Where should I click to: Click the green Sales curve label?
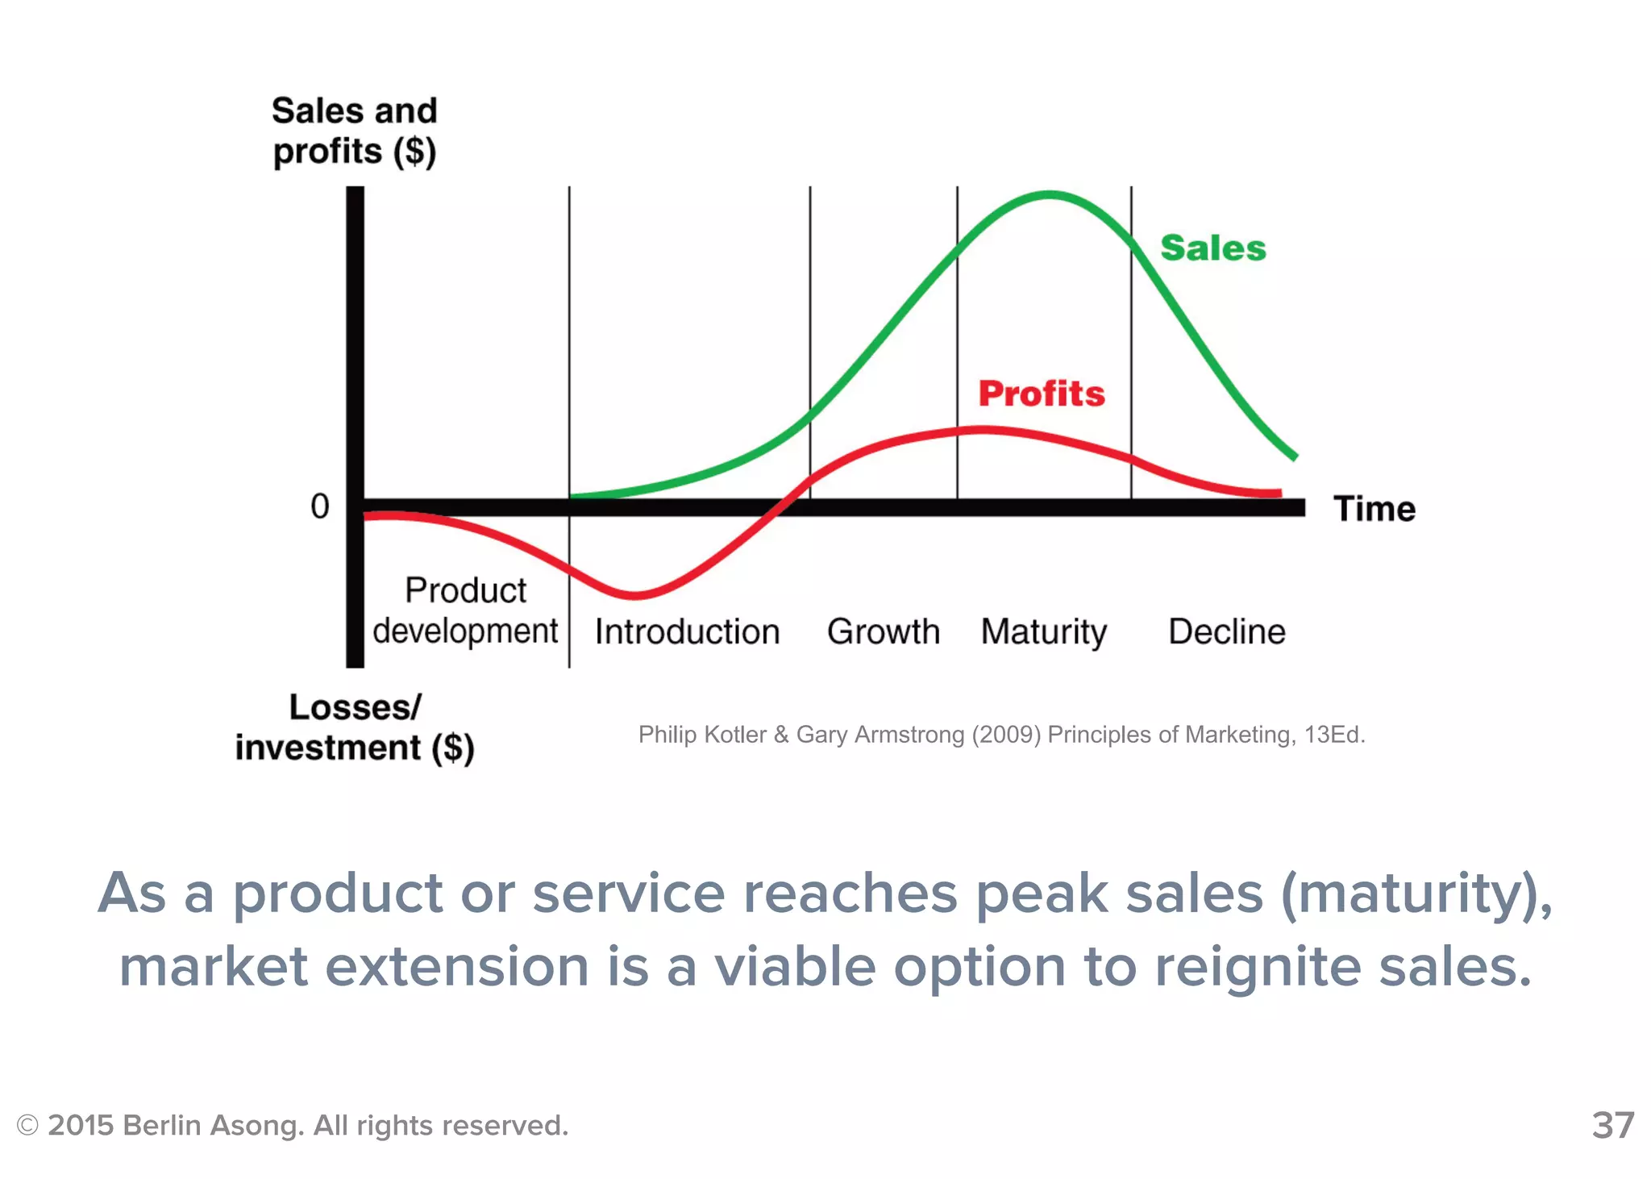(x=1212, y=248)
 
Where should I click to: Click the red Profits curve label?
(x=1041, y=394)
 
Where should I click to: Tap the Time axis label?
(x=1374, y=509)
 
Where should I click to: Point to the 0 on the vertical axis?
(x=320, y=506)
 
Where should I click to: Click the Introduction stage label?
(x=687, y=631)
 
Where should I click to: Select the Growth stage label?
(x=884, y=631)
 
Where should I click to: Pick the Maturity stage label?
(x=1043, y=632)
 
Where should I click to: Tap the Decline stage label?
(x=1226, y=631)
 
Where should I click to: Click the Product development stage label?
(x=465, y=610)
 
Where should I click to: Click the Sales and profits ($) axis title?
(x=354, y=131)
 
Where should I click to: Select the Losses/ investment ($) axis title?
(x=355, y=727)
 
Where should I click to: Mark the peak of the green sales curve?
(x=1050, y=194)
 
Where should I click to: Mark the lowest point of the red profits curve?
(x=635, y=596)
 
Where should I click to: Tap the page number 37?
(x=1612, y=1125)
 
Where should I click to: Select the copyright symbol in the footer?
(x=27, y=1125)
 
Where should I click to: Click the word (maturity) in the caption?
(x=1416, y=894)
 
